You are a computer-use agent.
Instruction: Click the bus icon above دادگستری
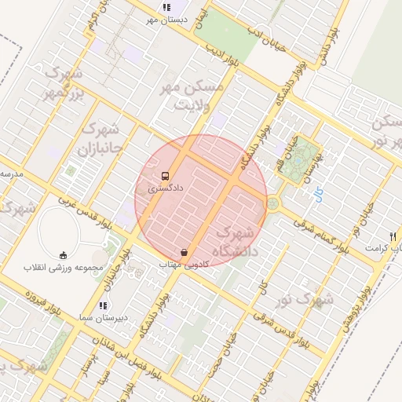[x=165, y=176]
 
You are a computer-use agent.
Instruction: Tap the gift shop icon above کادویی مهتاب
[x=184, y=253]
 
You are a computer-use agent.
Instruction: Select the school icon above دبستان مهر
[x=166, y=7]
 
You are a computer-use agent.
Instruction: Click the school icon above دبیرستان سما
[x=103, y=305]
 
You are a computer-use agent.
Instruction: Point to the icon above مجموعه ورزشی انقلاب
[x=64, y=254]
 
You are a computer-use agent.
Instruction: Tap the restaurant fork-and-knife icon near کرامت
[x=392, y=236]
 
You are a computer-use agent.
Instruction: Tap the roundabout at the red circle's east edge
[x=272, y=203]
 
